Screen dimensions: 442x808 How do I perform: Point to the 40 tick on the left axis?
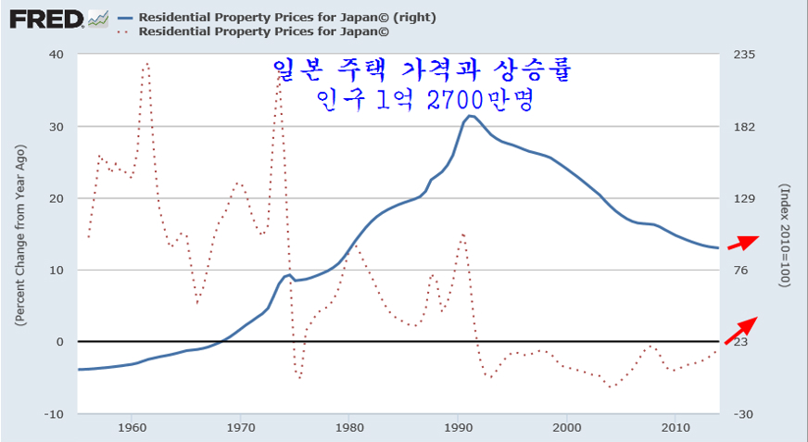pos(57,54)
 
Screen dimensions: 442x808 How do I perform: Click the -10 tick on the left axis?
pos(55,413)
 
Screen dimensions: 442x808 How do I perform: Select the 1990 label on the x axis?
pos(459,427)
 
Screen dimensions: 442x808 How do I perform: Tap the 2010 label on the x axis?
pos(675,427)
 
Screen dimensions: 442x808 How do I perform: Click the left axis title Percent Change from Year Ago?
pos(19,234)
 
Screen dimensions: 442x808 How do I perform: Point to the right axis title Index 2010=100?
pos(783,234)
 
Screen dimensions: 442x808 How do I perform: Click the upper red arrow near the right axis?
pos(742,243)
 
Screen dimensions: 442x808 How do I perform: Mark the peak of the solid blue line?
pos(471,116)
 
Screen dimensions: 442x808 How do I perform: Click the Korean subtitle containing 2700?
pos(425,99)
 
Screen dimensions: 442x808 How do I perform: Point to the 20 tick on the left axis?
pos(57,198)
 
